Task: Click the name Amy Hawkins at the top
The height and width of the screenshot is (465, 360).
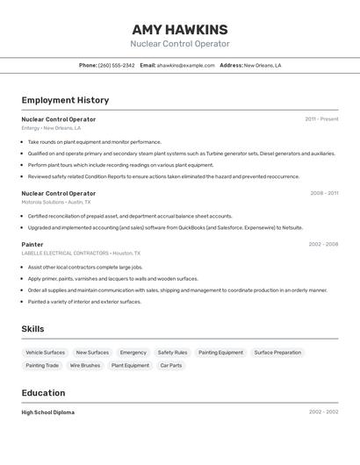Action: click(180, 29)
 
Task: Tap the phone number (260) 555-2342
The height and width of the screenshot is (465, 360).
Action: click(116, 65)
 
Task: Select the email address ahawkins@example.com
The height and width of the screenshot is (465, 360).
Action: click(185, 65)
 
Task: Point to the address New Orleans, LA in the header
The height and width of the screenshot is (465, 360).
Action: click(263, 65)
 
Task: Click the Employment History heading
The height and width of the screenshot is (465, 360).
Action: click(65, 100)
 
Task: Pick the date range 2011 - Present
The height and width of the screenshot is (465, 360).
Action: click(321, 119)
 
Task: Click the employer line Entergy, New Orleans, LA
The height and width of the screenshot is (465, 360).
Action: click(51, 128)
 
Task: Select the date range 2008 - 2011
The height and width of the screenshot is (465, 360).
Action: click(324, 193)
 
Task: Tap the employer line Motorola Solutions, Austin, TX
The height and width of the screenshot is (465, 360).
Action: click(56, 202)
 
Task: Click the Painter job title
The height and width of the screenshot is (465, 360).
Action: click(32, 245)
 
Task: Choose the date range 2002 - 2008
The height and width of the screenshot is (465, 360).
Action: click(323, 245)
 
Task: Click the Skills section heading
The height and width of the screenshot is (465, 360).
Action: click(33, 329)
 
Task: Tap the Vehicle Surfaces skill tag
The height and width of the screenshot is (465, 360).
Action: click(46, 353)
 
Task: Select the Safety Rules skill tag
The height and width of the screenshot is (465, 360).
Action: click(172, 353)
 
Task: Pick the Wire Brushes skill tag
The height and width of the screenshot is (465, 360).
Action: click(85, 365)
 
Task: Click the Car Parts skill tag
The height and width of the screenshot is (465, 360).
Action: click(170, 365)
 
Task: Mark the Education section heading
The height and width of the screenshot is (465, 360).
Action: click(43, 393)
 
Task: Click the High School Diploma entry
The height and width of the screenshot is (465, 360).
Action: click(48, 412)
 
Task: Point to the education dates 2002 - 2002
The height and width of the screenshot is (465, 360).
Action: click(323, 412)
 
